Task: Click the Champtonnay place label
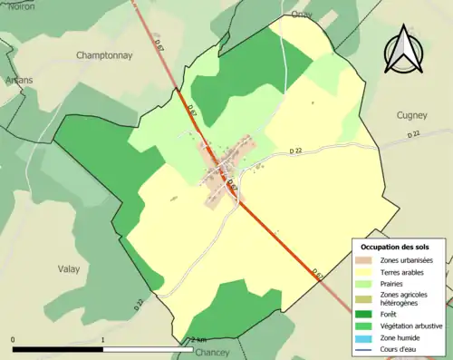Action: click(103, 55)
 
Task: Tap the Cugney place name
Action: click(413, 115)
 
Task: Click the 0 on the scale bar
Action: click(13, 341)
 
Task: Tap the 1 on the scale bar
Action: click(102, 341)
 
